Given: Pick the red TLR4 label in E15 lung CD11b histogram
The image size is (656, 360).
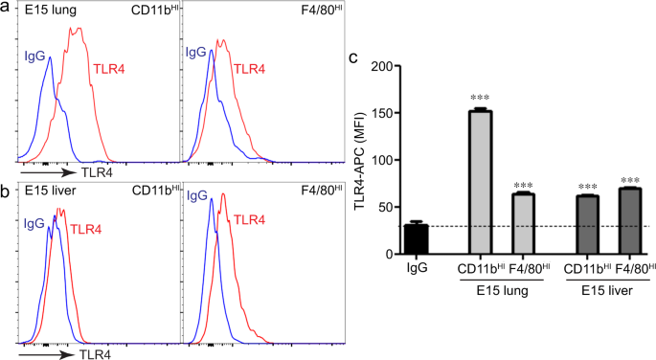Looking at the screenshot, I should pos(109,69).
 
